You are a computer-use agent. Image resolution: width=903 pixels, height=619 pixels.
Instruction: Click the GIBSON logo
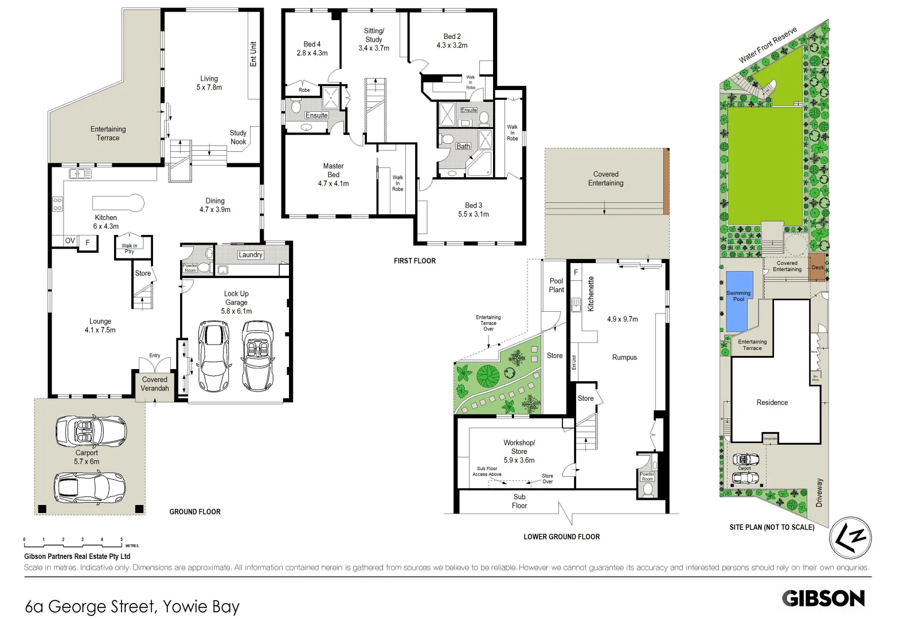coord(823,598)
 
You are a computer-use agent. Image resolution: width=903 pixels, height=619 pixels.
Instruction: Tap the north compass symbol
coord(850,538)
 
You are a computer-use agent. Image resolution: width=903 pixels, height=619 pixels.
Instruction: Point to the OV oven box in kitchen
coord(70,241)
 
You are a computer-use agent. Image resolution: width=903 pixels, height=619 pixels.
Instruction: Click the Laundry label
coord(251,255)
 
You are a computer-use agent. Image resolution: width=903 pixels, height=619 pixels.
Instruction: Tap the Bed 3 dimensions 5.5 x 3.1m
coord(474,214)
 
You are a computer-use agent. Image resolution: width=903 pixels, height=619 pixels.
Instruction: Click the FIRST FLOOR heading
coord(415,261)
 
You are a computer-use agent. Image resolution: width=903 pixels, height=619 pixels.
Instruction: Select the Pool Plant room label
coord(556,285)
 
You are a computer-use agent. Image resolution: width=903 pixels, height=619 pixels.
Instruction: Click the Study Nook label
coord(238,137)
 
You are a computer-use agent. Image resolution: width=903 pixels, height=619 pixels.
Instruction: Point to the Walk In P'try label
coord(130,249)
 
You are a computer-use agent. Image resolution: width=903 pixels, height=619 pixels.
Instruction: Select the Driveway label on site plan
coord(819,492)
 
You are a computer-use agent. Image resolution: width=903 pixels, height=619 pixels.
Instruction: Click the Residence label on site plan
coord(772,402)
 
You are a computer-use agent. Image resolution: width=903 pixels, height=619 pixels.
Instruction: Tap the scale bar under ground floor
coord(73,540)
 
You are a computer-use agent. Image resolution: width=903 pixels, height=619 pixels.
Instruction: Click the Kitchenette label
coord(591,294)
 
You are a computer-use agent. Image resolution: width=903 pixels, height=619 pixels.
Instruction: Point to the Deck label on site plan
coord(818,268)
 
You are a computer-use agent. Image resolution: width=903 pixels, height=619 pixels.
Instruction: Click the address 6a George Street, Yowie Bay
coord(132,606)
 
